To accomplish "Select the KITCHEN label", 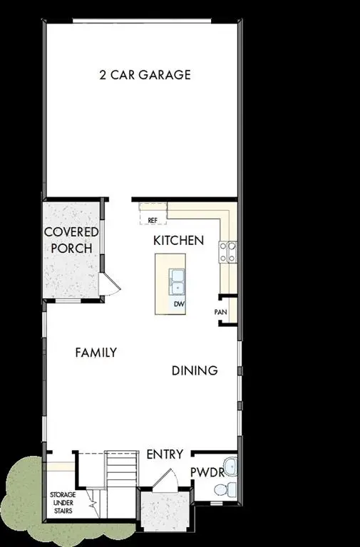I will click(x=178, y=241).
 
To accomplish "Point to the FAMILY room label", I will click(x=96, y=352).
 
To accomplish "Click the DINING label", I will click(x=194, y=370).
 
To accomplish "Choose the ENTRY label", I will click(x=165, y=454).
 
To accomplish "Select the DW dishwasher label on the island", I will click(x=178, y=304).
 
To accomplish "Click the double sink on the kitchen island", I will click(x=178, y=282).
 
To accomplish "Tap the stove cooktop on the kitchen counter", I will click(x=227, y=251).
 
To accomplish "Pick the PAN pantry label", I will click(x=220, y=312).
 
